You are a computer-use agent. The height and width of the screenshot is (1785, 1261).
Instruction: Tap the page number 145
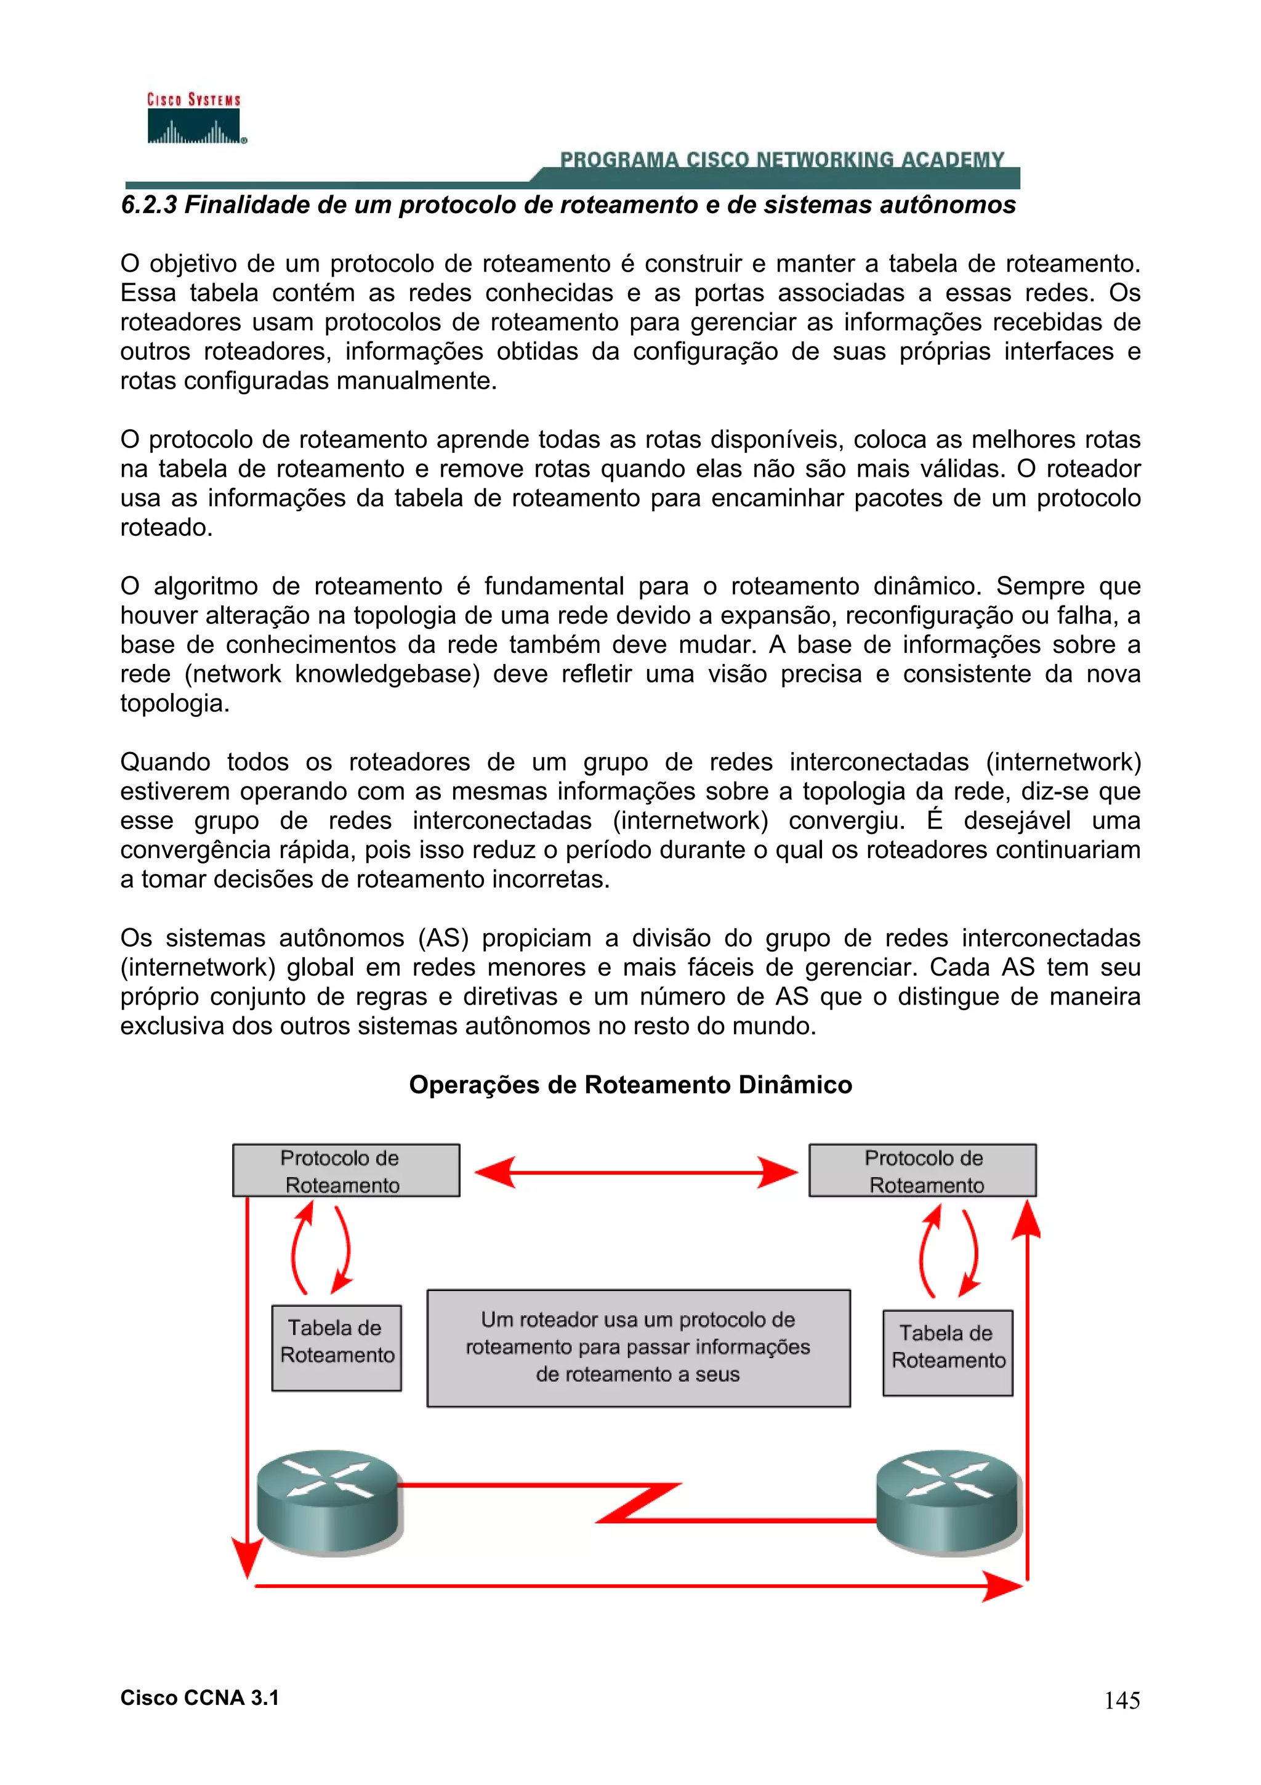(1121, 1700)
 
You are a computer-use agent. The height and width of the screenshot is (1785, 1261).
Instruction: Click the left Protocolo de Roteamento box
(346, 1170)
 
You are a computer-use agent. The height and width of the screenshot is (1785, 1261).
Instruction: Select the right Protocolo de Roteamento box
(922, 1170)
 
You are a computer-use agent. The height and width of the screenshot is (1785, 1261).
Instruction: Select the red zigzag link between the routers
(637, 1503)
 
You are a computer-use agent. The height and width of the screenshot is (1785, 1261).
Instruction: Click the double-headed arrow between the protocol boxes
(635, 1172)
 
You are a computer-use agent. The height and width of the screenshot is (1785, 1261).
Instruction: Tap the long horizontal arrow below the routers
(637, 1586)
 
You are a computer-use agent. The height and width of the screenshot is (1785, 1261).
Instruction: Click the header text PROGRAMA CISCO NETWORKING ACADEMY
(781, 160)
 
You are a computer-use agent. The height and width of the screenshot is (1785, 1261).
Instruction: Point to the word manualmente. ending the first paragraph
(416, 381)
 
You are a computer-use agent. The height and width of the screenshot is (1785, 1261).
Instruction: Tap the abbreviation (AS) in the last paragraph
(443, 938)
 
